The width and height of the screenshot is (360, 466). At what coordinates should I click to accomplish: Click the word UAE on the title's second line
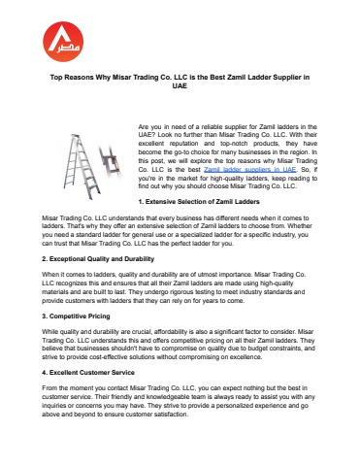coord(179,85)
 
